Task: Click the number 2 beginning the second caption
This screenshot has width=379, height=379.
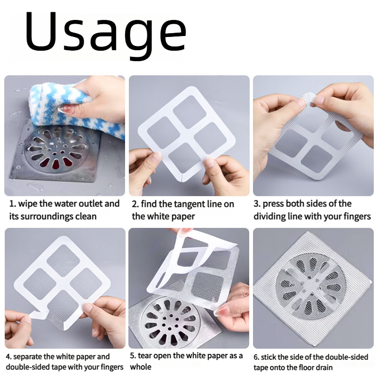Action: point(135,204)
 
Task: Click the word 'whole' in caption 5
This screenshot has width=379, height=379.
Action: point(141,367)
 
